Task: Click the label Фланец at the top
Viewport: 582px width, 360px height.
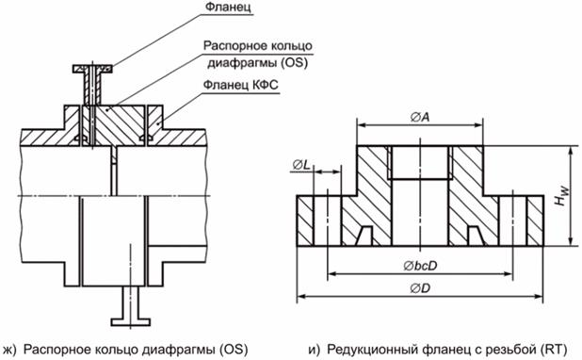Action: (x=228, y=7)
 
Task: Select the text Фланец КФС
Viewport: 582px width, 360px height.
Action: (x=240, y=85)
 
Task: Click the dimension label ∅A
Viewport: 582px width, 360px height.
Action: (x=420, y=118)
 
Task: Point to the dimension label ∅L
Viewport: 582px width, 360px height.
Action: (x=301, y=165)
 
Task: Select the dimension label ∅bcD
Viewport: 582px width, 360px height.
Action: (x=420, y=266)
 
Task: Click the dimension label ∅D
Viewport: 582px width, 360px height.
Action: (x=420, y=288)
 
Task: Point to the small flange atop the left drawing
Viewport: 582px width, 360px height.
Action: (x=92, y=69)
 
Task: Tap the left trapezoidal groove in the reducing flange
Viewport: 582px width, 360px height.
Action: (x=364, y=236)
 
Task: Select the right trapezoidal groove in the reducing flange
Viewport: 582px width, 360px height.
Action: (x=476, y=236)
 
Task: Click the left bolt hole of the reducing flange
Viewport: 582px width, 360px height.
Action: (x=327, y=221)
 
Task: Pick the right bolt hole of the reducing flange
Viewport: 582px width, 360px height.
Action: (x=512, y=221)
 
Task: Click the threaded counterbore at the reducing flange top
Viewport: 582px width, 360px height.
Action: (x=420, y=162)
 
